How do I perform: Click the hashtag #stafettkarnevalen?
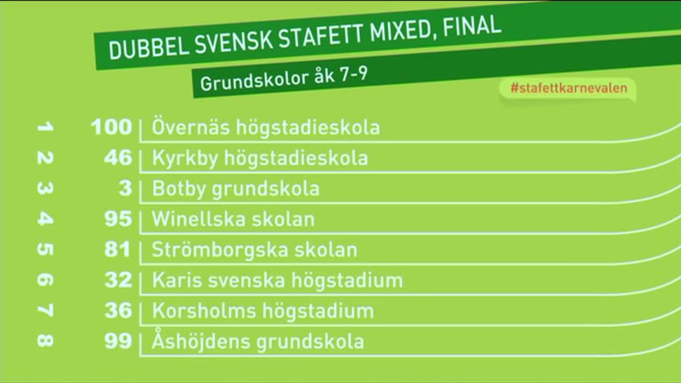click(x=569, y=88)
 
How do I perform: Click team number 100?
click(x=111, y=127)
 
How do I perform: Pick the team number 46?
click(x=118, y=157)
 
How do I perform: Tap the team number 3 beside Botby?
click(x=126, y=188)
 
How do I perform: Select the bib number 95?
click(x=118, y=218)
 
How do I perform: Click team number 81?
click(x=117, y=249)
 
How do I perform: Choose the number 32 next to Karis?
click(x=118, y=279)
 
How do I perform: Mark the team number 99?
click(x=118, y=341)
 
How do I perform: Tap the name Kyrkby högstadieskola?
click(x=260, y=158)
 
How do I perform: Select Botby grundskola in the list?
click(x=236, y=189)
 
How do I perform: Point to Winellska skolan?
click(x=233, y=219)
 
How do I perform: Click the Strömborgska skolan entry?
click(x=254, y=250)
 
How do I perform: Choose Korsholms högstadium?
click(x=263, y=311)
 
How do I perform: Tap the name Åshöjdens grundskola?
click(x=258, y=341)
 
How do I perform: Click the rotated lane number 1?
click(x=45, y=127)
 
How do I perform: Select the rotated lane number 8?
click(x=45, y=341)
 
